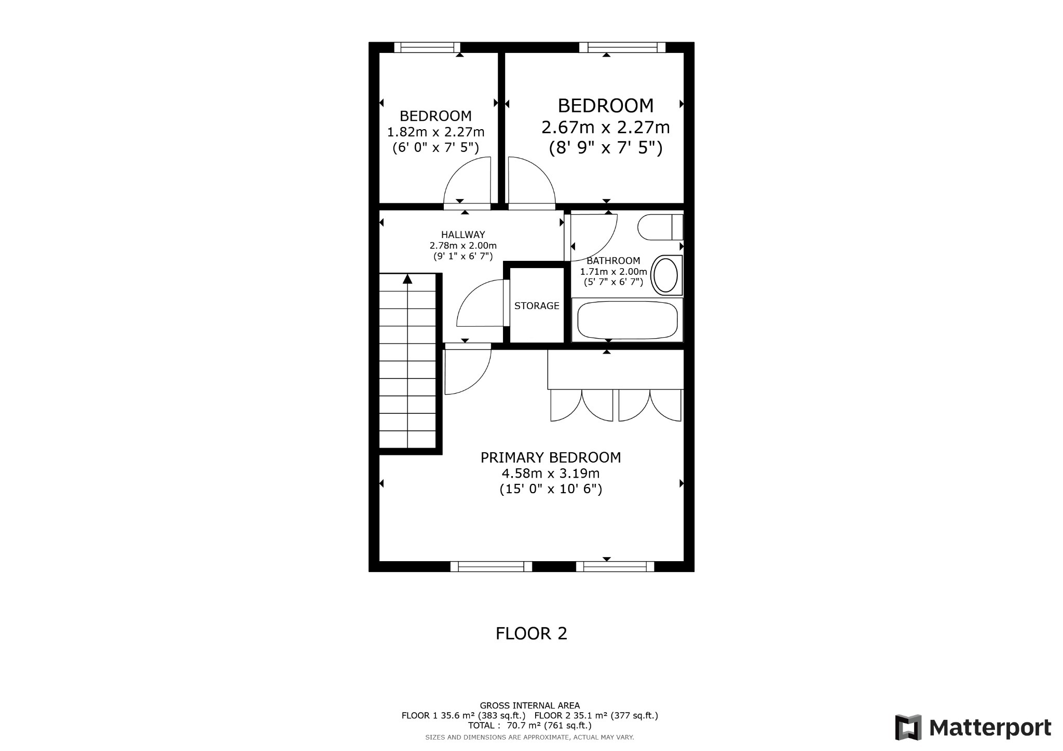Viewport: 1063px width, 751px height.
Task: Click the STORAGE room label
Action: (x=537, y=306)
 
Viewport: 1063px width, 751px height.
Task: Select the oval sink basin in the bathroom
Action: (x=665, y=275)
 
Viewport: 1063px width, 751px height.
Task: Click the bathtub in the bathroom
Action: (x=627, y=320)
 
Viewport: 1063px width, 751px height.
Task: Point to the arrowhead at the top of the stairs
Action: (x=407, y=279)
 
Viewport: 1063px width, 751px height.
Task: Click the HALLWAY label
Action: (x=463, y=235)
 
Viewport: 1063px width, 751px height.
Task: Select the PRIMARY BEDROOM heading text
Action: (x=551, y=457)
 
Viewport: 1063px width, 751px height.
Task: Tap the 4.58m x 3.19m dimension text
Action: (x=551, y=474)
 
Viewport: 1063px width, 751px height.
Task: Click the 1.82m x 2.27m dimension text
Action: (x=436, y=132)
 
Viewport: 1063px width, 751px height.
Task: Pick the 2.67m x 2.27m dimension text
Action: (x=606, y=127)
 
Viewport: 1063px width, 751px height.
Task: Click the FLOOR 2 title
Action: (x=531, y=633)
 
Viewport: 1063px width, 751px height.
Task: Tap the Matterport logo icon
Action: (x=908, y=727)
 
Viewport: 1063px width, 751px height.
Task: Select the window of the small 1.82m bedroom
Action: (x=427, y=47)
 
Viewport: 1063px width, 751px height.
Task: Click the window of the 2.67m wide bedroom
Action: (x=622, y=47)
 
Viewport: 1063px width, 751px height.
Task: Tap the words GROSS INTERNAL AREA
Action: (x=529, y=705)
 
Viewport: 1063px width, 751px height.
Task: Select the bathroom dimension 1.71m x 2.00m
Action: (x=614, y=272)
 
